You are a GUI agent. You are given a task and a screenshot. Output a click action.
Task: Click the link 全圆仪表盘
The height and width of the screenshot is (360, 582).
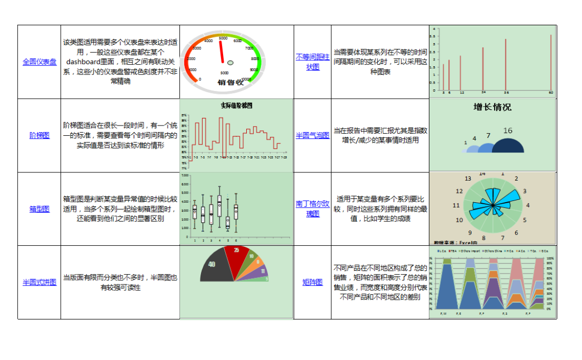tap(39, 62)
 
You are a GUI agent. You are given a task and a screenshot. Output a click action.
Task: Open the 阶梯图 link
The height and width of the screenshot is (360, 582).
tap(39, 135)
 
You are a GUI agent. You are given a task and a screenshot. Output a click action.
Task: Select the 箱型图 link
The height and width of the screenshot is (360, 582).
tap(39, 209)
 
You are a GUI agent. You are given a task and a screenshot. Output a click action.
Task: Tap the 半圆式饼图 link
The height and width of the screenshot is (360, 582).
tap(39, 282)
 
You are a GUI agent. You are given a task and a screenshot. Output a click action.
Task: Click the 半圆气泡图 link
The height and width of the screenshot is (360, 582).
tap(313, 135)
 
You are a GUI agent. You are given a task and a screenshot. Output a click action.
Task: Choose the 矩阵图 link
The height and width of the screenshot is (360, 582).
tap(313, 282)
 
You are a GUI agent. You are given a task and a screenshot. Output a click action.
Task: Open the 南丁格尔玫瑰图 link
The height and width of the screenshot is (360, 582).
tap(313, 209)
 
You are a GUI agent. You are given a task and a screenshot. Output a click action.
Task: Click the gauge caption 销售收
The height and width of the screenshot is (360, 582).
tap(231, 82)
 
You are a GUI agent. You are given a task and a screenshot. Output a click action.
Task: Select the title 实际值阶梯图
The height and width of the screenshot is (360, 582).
tap(237, 106)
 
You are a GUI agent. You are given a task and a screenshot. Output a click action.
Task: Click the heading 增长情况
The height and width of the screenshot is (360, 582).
tap(492, 107)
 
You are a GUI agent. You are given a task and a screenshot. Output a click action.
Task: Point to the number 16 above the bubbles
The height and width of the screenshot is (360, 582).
tap(508, 130)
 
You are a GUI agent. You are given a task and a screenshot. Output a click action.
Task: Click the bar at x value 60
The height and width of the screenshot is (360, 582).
tap(551, 62)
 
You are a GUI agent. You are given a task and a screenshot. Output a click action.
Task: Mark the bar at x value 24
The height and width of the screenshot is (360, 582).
tap(483, 69)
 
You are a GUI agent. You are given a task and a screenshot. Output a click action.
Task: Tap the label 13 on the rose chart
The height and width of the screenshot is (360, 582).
tap(468, 179)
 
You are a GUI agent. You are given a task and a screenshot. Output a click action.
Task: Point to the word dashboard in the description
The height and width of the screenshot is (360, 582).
tap(86, 62)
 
